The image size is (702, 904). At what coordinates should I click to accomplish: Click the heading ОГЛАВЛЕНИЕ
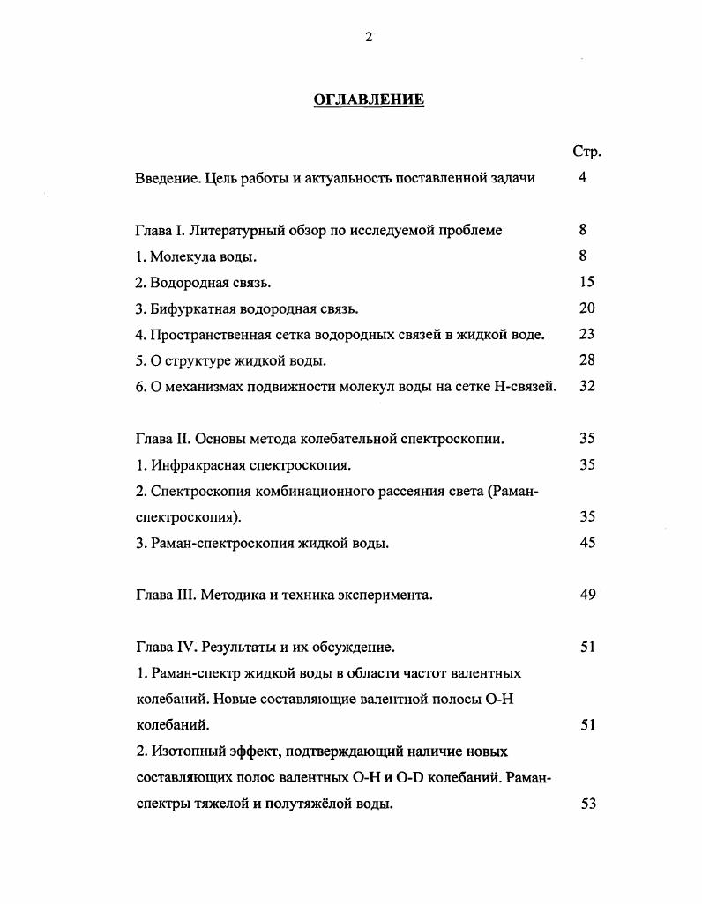coord(369,100)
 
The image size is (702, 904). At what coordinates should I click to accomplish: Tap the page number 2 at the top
coord(369,36)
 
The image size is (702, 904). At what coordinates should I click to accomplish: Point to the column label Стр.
coord(586,152)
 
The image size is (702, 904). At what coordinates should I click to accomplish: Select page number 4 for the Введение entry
coord(583,178)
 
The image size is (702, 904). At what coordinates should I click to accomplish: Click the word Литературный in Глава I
coord(233,231)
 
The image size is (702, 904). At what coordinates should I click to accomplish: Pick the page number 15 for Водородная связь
coord(587,282)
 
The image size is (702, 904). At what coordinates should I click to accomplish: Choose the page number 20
coord(587,308)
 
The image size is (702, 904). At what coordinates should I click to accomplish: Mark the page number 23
coord(587,334)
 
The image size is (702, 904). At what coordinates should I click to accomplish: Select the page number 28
coord(587,360)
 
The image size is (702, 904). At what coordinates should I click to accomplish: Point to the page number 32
coord(587,386)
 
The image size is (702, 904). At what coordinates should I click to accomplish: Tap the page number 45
coord(587,543)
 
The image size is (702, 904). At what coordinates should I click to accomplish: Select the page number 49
coord(587,595)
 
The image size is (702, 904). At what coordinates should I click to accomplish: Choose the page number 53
coord(589,804)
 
